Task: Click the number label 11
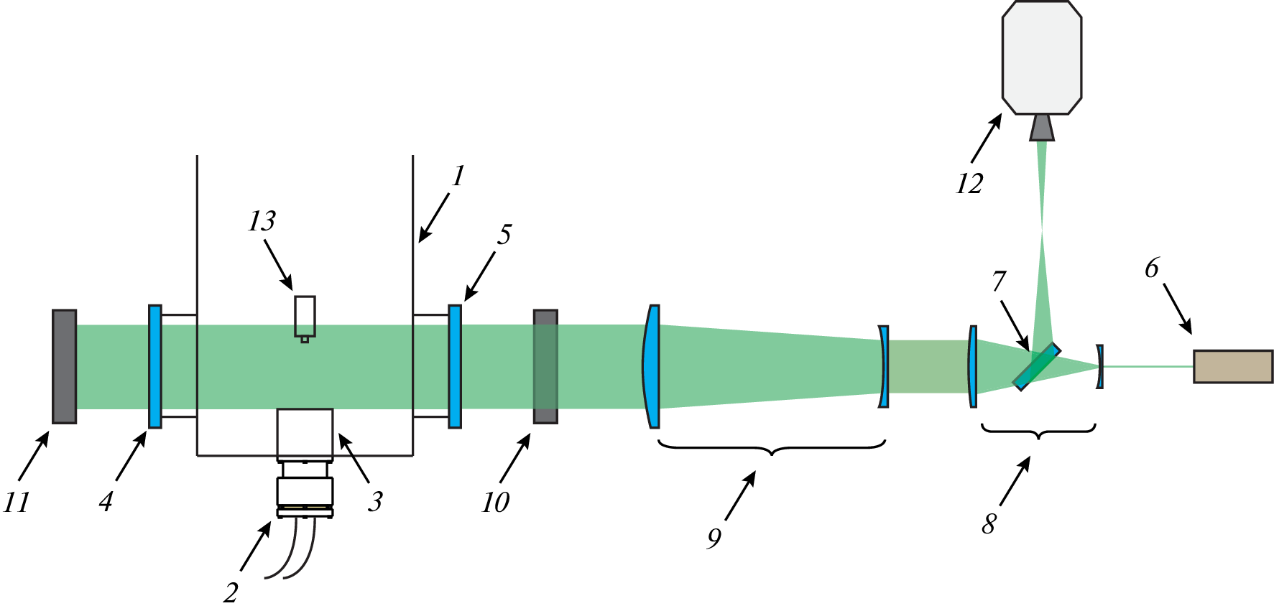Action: click(17, 502)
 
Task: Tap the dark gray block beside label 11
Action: click(64, 366)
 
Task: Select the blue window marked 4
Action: click(155, 366)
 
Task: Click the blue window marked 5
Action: click(455, 366)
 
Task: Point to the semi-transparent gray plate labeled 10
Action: click(545, 366)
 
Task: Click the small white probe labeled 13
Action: click(305, 317)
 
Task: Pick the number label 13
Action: click(262, 221)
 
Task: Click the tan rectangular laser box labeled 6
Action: click(1233, 366)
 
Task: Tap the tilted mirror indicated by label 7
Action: click(1037, 366)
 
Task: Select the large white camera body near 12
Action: click(1042, 57)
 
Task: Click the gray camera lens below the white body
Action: click(1042, 127)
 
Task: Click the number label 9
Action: click(714, 538)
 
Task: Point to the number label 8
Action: click(989, 524)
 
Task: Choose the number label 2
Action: click(231, 593)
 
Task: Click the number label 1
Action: click(458, 176)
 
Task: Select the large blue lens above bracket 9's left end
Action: click(651, 366)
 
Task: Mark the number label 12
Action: click(969, 185)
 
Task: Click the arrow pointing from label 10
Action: click(515, 459)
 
